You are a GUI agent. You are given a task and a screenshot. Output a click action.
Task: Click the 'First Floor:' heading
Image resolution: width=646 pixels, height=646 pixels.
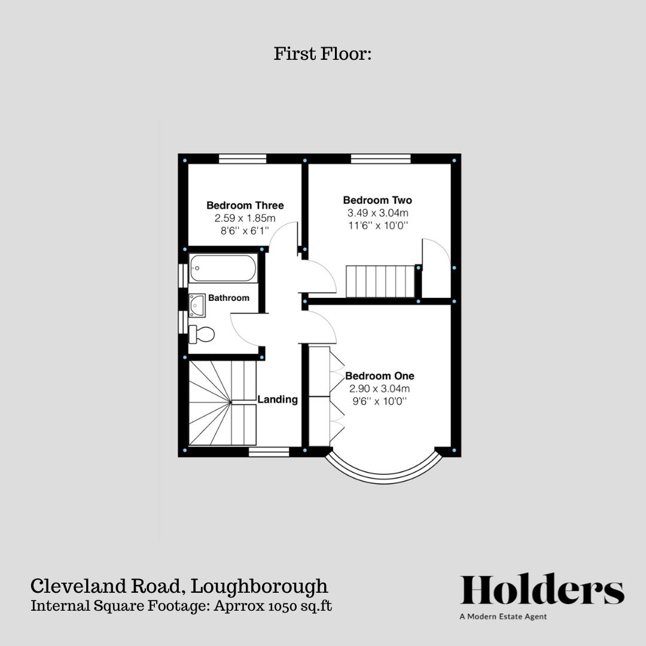click(x=323, y=54)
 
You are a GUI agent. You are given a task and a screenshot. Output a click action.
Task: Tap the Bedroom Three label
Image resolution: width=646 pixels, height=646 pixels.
click(x=245, y=206)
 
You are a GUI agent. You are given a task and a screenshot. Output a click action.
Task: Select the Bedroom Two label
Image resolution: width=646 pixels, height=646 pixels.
click(x=377, y=200)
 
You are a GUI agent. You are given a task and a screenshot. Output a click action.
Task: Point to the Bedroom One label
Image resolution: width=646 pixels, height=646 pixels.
click(x=380, y=376)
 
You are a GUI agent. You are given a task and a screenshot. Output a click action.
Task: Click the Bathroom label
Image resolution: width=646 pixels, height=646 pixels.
click(x=228, y=298)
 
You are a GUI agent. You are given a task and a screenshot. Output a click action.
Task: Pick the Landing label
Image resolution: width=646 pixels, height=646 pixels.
click(x=278, y=400)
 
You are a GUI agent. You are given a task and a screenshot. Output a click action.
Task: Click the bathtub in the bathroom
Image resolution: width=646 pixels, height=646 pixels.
click(x=223, y=268)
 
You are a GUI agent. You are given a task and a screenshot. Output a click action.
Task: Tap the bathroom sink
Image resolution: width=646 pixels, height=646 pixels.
click(x=197, y=305)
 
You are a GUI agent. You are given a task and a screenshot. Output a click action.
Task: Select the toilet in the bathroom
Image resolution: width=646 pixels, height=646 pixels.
click(x=202, y=334)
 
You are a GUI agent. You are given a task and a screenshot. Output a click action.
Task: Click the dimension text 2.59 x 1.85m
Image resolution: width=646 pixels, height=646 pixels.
click(x=245, y=218)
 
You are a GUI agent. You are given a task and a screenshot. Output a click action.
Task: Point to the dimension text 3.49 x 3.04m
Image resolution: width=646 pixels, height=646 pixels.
click(x=377, y=213)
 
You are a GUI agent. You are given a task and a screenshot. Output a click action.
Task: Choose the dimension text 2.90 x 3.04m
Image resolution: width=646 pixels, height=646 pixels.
click(x=380, y=389)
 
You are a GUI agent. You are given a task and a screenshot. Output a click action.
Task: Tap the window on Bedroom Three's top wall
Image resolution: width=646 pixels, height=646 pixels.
click(x=242, y=159)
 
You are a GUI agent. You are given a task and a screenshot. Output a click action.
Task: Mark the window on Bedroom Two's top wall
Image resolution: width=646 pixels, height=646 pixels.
click(x=380, y=159)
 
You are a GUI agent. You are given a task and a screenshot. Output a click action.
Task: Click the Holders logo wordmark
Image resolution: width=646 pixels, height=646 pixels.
click(x=542, y=590)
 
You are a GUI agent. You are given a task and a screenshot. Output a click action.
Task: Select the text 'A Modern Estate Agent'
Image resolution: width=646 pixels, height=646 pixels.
click(x=503, y=617)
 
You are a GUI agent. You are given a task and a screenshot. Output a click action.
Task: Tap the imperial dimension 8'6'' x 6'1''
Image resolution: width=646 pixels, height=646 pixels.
click(x=245, y=230)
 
